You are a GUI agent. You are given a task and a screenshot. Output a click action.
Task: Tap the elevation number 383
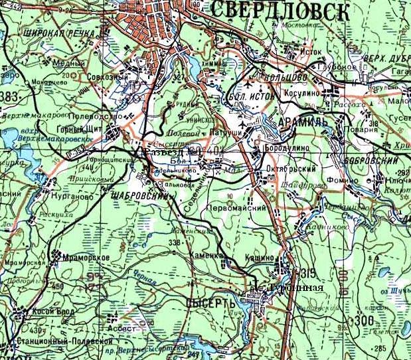click(9, 98)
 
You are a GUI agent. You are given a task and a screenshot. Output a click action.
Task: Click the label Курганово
click(62, 197)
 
